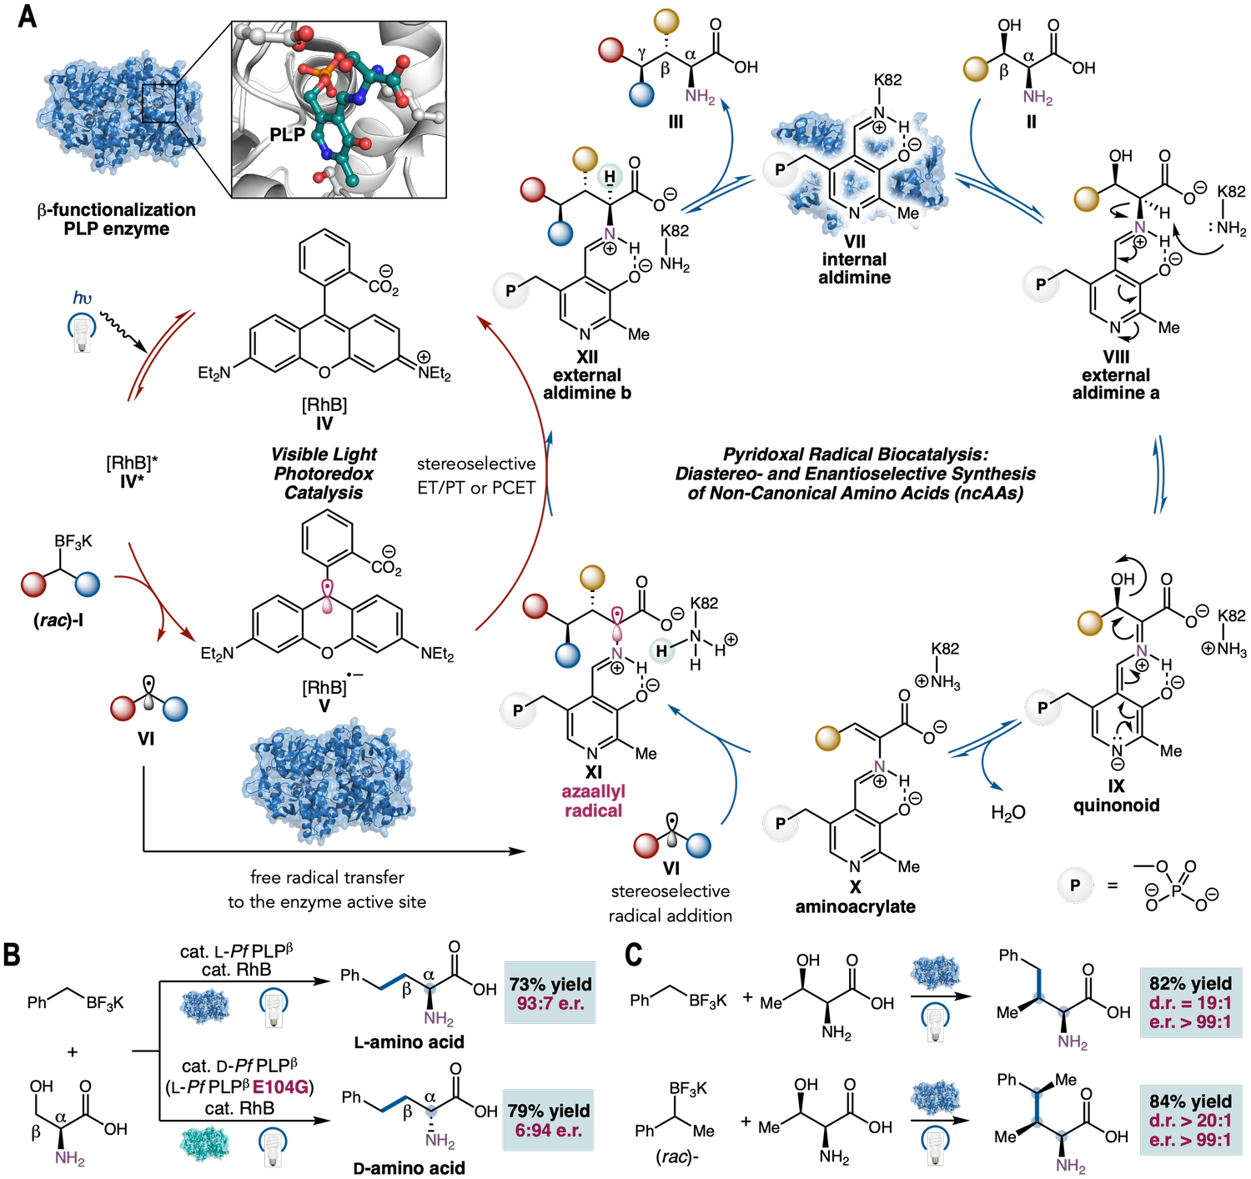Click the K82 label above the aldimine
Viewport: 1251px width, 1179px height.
tap(887, 80)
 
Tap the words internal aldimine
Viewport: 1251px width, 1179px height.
tap(854, 268)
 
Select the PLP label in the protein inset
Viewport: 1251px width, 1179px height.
tap(287, 134)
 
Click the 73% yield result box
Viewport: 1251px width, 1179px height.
tap(550, 994)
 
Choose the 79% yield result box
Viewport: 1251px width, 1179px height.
tap(548, 1120)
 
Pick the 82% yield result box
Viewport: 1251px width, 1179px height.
tap(1189, 1002)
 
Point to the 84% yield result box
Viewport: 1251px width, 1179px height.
tap(1189, 1120)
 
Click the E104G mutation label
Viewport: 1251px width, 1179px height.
tap(280, 1086)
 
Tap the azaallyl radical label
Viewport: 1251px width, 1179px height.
tap(593, 800)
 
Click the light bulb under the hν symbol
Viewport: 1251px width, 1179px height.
tap(82, 334)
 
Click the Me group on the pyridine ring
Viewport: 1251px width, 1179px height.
tap(907, 213)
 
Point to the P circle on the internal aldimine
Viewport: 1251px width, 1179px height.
tap(780, 170)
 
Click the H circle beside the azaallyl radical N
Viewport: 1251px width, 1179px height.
tap(661, 651)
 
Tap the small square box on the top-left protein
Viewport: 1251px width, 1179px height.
tap(158, 103)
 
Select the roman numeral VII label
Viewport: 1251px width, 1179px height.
tap(854, 242)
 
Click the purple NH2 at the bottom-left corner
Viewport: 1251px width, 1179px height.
tap(70, 1158)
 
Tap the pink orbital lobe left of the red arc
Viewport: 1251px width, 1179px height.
tap(328, 597)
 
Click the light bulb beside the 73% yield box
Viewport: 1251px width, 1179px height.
tap(273, 1008)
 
